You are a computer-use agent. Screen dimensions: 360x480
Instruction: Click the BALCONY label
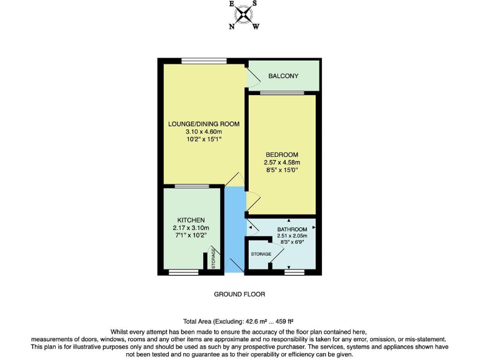(283, 76)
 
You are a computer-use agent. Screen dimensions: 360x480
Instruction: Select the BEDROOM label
(281, 154)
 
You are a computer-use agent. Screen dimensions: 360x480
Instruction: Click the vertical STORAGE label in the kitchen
(214, 259)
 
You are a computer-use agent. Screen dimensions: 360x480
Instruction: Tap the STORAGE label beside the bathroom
(261, 254)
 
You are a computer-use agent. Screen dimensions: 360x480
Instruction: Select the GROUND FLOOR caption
(239, 294)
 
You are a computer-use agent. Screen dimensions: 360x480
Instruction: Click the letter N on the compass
(232, 27)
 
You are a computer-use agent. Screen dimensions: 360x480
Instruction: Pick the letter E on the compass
(232, 4)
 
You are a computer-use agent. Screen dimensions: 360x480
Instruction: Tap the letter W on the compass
(256, 27)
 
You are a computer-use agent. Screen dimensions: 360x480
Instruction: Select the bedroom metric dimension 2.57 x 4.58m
(281, 162)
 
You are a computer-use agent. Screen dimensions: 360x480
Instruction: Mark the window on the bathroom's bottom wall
(294, 272)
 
